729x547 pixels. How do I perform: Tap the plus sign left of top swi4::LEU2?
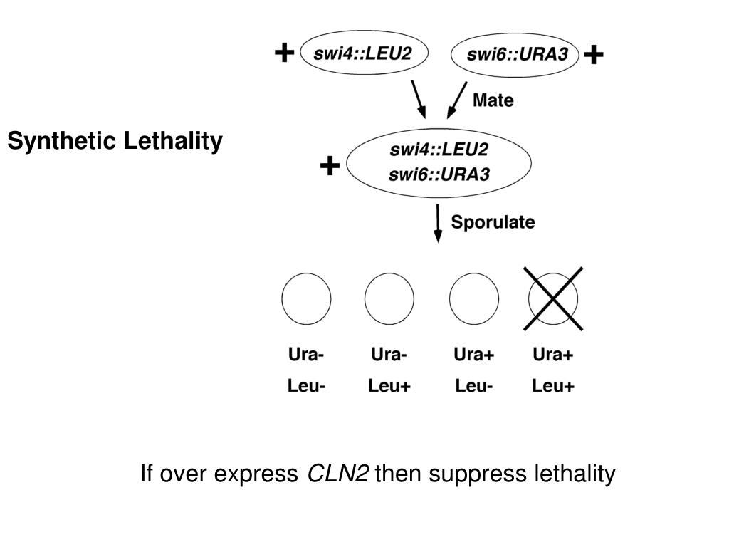[x=283, y=53]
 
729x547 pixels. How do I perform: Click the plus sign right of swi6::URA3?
[x=593, y=54]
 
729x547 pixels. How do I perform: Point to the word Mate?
[x=493, y=100]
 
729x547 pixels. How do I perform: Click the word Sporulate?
[x=493, y=222]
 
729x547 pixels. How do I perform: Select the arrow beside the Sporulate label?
[x=438, y=224]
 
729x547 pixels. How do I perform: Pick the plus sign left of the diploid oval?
[x=329, y=167]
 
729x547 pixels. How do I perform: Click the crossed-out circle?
[x=553, y=299]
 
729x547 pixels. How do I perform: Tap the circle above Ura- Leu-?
[x=306, y=299]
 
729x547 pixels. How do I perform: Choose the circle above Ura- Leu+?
[x=389, y=299]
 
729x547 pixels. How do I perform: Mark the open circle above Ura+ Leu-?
[x=473, y=299]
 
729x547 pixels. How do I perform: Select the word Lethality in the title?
[x=173, y=142]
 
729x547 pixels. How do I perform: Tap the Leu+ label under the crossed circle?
[x=553, y=387]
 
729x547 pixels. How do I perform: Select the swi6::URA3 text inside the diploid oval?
[x=439, y=174]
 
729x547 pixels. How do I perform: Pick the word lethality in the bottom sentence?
[x=574, y=473]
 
